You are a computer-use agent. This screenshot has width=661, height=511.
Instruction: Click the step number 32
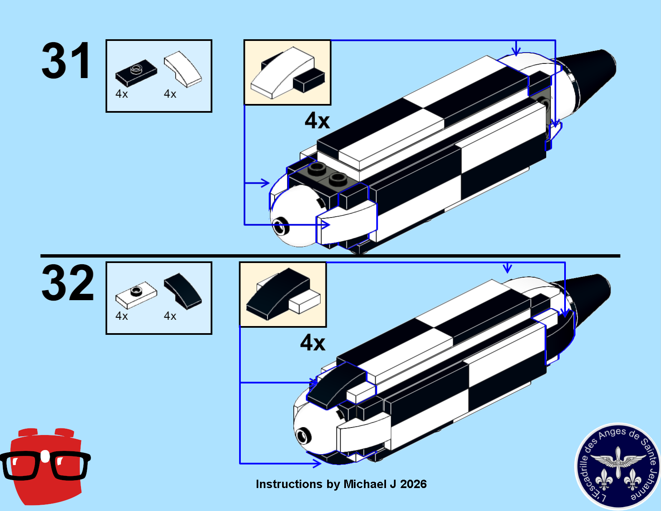click(x=68, y=283)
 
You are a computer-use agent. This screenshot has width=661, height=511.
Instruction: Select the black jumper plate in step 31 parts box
click(x=136, y=73)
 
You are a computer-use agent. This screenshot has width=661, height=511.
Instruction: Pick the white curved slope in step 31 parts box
click(x=183, y=69)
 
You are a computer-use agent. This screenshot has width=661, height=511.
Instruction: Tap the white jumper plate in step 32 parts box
click(x=136, y=295)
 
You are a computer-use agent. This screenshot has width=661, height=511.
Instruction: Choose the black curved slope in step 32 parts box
click(x=183, y=291)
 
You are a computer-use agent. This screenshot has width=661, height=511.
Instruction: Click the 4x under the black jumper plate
click(x=122, y=94)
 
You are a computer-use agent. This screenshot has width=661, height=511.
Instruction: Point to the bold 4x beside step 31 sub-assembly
click(x=317, y=121)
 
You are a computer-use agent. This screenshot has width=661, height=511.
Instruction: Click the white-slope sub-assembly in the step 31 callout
click(x=288, y=73)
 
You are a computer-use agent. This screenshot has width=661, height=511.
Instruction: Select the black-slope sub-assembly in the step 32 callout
click(x=283, y=294)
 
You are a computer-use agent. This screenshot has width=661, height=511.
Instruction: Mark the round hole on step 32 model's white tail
click(x=303, y=436)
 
